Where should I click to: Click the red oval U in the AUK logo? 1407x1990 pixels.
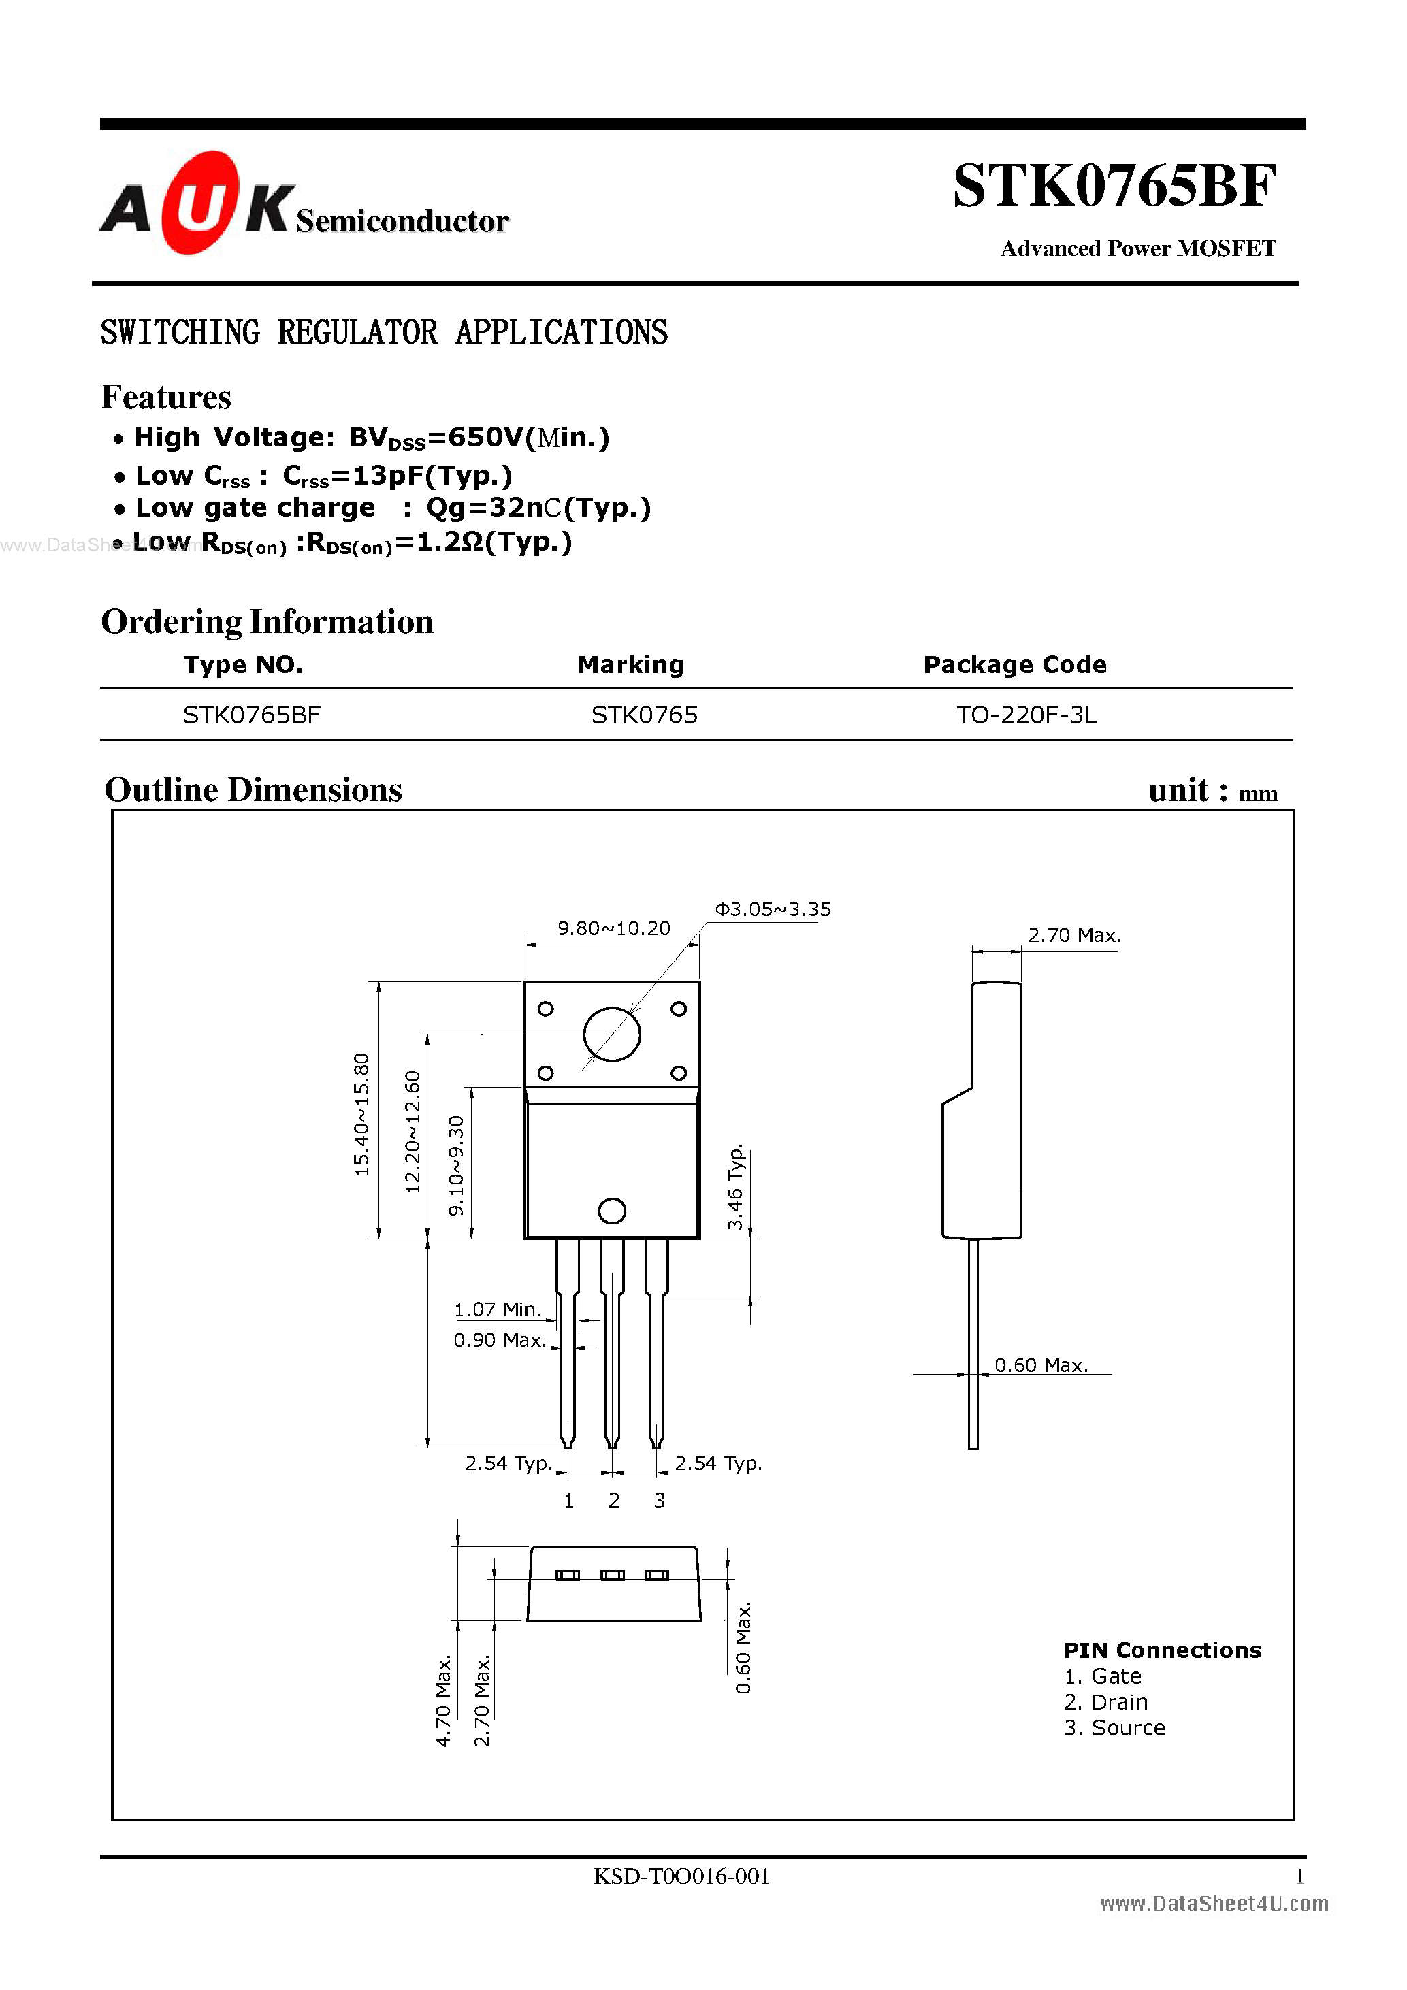coord(200,203)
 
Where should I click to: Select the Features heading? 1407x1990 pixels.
coord(167,398)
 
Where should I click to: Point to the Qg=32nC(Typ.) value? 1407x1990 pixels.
coord(538,508)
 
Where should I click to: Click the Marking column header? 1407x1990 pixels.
coord(630,665)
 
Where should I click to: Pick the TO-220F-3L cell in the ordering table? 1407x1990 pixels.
coord(1026,715)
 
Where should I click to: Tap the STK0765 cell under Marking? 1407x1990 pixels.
coord(644,715)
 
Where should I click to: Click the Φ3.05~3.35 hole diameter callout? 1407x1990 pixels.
coord(773,909)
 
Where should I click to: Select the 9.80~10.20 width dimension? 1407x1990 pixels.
coord(614,928)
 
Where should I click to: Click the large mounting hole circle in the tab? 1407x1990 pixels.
coord(612,1034)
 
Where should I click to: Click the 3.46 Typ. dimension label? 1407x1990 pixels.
coord(735,1186)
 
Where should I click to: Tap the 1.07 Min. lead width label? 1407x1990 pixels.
coord(497,1309)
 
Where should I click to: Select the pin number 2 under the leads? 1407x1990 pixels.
coord(614,1500)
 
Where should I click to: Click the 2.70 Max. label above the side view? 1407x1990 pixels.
coord(1073,935)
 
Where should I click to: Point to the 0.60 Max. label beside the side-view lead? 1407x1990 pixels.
coord(1040,1365)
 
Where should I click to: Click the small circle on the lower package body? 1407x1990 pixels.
coord(612,1211)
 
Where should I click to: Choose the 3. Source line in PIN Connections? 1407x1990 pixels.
coord(1114,1727)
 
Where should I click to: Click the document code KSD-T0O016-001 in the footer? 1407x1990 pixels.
coord(681,1876)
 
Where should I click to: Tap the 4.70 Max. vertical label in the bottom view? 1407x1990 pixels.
coord(443,1701)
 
